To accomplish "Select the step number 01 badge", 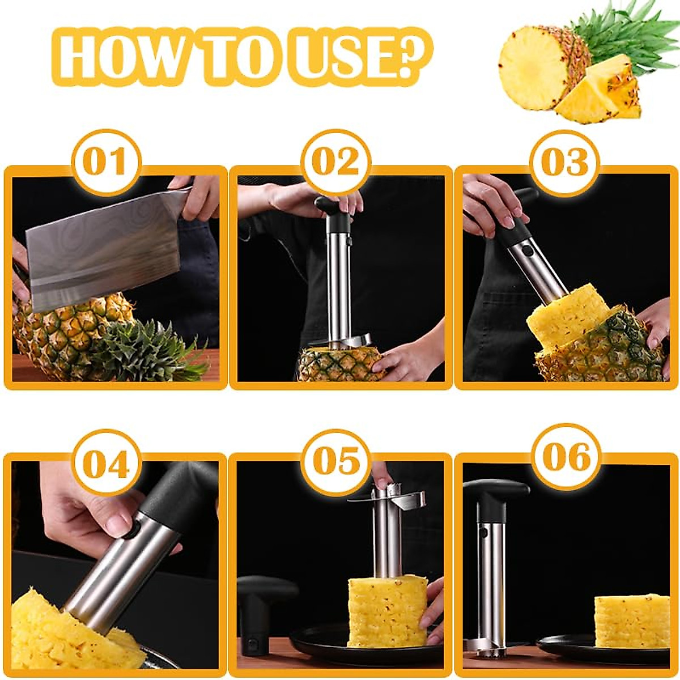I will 105,162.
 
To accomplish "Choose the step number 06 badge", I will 566,457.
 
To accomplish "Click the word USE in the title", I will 334,58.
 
